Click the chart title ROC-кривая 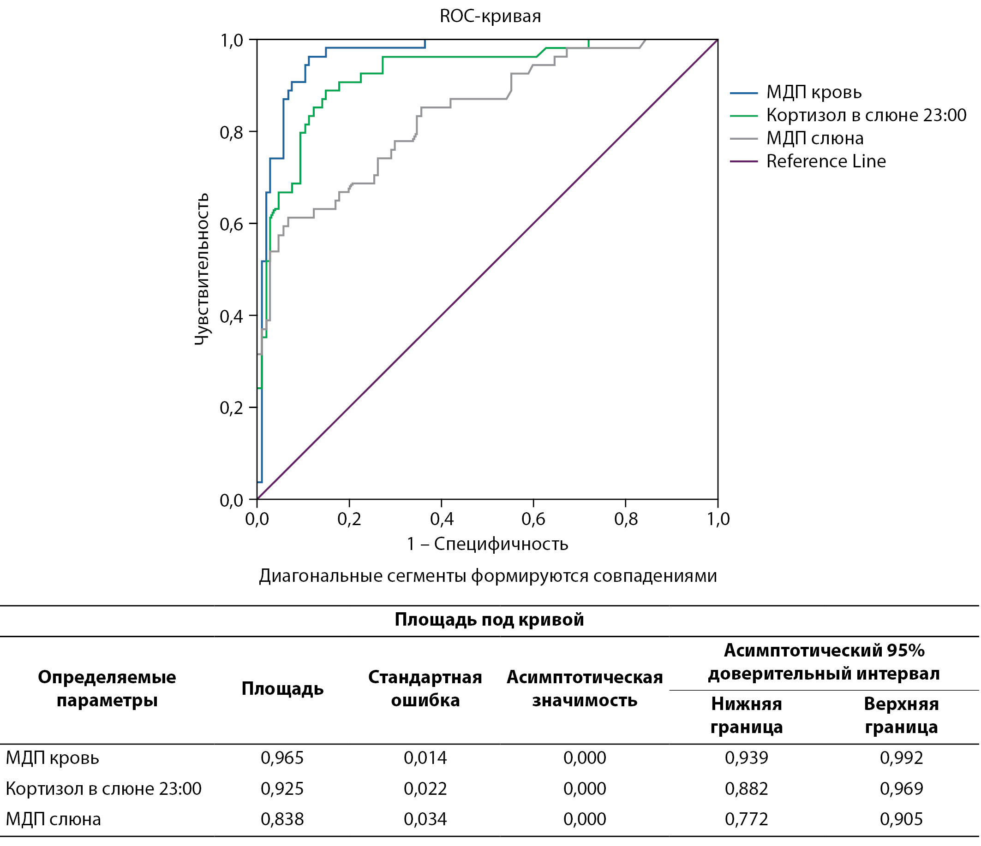(x=490, y=17)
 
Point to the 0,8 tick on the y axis (x=232, y=132)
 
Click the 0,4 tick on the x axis (x=442, y=520)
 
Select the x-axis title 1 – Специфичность (x=487, y=544)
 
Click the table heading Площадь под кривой (x=489, y=619)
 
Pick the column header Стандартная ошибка (x=425, y=688)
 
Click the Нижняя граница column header (x=746, y=716)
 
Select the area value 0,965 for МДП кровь (x=282, y=758)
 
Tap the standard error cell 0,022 (x=425, y=789)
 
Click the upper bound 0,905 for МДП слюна (x=901, y=819)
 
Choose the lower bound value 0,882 (x=746, y=789)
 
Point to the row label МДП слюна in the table (x=54, y=819)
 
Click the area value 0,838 (x=282, y=819)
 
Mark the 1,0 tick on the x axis (x=718, y=520)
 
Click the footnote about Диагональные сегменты (x=488, y=576)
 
